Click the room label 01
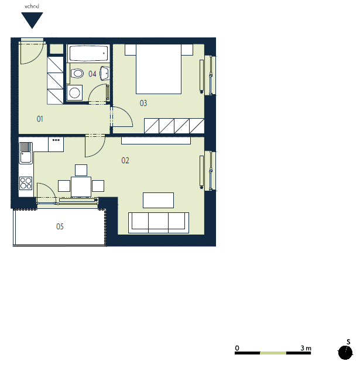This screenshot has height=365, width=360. coord(40,119)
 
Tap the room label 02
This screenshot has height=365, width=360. coord(125,160)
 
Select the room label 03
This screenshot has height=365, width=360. coord(143,103)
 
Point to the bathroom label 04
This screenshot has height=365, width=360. coord(92,74)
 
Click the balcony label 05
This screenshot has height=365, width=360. coord(60,226)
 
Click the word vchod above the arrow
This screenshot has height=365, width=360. coord(32,6)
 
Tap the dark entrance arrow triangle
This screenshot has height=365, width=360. coord(32,20)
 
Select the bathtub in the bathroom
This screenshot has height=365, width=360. coord(88,53)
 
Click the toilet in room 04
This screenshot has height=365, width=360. coord(77,74)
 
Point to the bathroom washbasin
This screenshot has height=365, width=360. coord(105,73)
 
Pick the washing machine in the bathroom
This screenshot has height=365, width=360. coord(74,92)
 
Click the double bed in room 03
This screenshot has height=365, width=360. coord(159,69)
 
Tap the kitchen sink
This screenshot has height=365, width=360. coord(26,153)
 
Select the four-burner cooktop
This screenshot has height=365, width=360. coord(26,183)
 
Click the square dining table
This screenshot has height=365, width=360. coord(81,187)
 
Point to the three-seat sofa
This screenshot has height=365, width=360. coord(159,223)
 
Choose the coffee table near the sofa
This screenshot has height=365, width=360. coord(158,200)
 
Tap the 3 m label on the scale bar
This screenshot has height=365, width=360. coord(306,348)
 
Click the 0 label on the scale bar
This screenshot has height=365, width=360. coord(237,348)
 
